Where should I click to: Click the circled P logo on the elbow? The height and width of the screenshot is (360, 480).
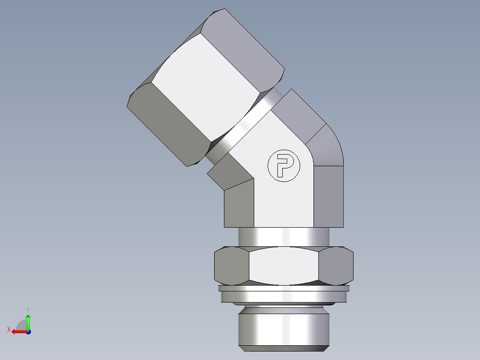pyautogui.click(x=284, y=166)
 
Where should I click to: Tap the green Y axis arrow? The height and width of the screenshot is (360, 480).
pyautogui.click(x=28, y=321)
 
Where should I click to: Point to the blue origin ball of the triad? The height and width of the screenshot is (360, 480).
pyautogui.click(x=28, y=332)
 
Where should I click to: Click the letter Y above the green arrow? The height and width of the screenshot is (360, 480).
pyautogui.click(x=28, y=309)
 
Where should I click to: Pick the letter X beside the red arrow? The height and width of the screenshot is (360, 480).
pyautogui.click(x=8, y=329)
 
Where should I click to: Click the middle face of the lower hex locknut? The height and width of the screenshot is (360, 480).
pyautogui.click(x=284, y=266)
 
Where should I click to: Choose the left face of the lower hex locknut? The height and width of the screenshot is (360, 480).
pyautogui.click(x=232, y=266)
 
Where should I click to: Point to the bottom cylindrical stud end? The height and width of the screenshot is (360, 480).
pyautogui.click(x=284, y=327)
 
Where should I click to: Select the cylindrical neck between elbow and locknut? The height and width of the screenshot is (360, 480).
pyautogui.click(x=284, y=236)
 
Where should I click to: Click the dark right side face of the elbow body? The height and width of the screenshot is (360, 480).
pyautogui.click(x=329, y=196)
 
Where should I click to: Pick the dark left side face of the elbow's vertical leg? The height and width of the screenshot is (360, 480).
pyautogui.click(x=239, y=205)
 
